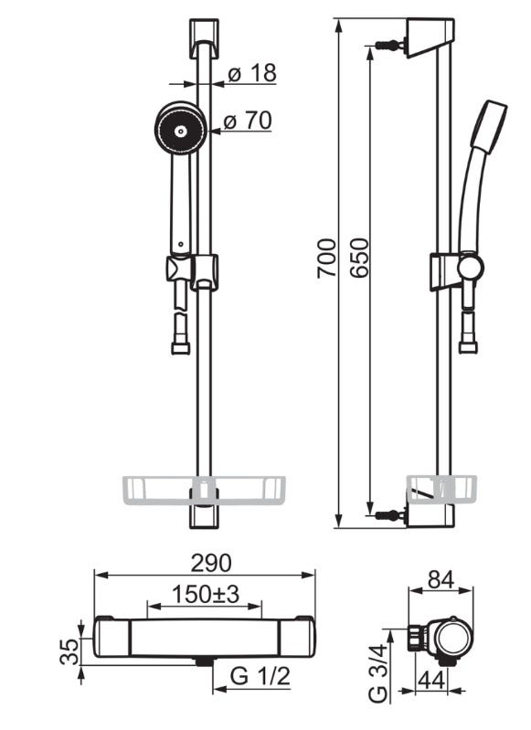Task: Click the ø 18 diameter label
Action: [252, 73]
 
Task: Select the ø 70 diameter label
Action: [248, 121]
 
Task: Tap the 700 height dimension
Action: [326, 259]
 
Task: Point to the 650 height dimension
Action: [359, 259]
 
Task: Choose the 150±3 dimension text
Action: [206, 594]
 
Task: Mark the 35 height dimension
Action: [70, 651]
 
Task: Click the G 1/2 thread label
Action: [260, 676]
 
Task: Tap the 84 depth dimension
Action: [441, 579]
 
